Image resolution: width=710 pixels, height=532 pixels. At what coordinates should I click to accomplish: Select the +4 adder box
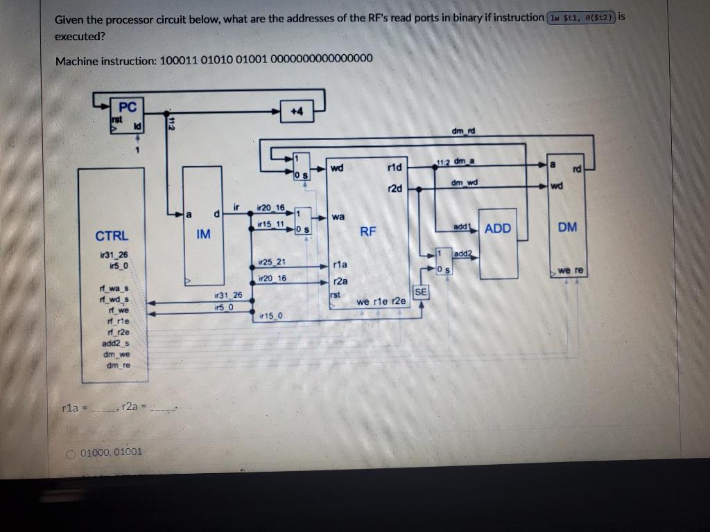pos(296,112)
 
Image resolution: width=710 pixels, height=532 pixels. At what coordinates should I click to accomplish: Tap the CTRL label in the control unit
pos(112,236)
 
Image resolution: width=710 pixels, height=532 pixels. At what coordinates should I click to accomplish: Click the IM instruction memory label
pos(202,235)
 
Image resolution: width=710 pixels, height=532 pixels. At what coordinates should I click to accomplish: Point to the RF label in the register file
pos(367,231)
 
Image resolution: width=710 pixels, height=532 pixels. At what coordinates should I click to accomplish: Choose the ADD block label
pos(497,228)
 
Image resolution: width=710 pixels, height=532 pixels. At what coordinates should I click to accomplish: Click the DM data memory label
pos(566,227)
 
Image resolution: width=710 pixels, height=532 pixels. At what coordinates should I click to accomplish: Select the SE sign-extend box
pos(421,293)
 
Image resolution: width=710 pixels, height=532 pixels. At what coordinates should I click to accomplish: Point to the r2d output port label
pos(395,188)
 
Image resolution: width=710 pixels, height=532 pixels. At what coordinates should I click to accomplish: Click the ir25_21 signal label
pos(270,262)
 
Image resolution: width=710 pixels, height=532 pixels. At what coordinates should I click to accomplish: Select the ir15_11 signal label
pos(270,224)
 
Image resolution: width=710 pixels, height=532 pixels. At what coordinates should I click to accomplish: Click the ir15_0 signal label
pos(270,317)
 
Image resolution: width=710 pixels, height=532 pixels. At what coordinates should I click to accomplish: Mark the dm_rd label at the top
pos(462,131)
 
